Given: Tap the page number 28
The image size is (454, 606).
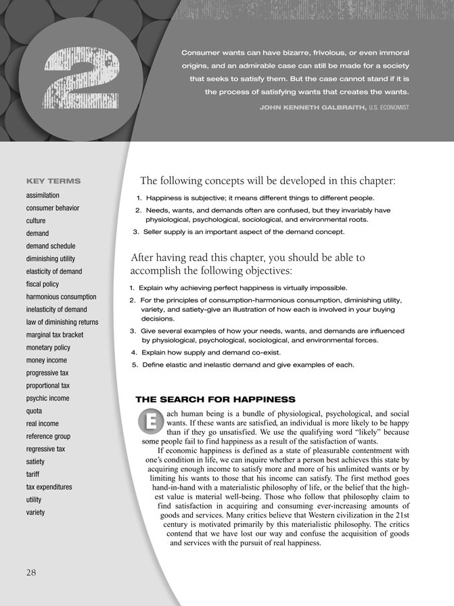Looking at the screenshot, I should click(32, 572).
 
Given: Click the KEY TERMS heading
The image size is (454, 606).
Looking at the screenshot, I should click(53, 181).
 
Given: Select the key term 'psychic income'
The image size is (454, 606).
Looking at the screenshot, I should click(47, 398).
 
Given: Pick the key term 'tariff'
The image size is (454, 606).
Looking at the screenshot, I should click(33, 474).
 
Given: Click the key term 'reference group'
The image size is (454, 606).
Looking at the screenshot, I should click(48, 436).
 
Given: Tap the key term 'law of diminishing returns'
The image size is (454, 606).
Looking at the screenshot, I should click(62, 322).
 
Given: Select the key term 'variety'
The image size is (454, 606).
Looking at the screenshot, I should click(35, 512).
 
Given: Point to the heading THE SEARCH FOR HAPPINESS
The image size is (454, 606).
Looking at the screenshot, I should click(216, 399).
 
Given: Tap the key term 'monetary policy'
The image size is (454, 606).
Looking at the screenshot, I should click(48, 348).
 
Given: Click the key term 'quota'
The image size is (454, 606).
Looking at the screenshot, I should click(35, 411).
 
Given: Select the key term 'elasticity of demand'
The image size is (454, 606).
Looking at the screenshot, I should click(54, 271).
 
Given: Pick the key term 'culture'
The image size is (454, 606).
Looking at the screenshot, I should click(36, 220).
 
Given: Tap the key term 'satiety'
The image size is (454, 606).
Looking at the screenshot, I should click(36, 461).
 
